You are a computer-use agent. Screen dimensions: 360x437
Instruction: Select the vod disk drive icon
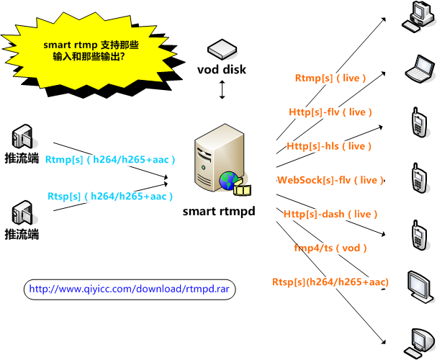click(222, 50)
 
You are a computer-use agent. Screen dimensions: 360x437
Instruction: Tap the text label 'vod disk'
click(222, 70)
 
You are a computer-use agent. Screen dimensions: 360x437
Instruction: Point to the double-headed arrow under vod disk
click(222, 90)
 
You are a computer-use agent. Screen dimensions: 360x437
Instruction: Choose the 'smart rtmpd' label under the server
click(219, 211)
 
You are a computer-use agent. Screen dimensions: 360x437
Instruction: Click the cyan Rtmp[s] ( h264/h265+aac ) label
click(111, 159)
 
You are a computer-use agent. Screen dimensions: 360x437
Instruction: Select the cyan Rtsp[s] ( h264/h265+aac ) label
click(111, 196)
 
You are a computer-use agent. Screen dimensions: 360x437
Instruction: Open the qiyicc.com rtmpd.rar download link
click(132, 289)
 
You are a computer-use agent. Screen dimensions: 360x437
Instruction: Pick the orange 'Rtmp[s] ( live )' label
click(331, 78)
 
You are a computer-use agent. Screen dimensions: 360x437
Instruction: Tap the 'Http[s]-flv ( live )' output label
click(331, 112)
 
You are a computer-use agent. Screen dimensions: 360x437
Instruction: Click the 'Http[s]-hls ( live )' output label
click(329, 146)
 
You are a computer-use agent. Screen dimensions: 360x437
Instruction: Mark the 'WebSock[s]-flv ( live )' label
click(330, 180)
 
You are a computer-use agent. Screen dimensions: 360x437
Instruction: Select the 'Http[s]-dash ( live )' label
click(330, 214)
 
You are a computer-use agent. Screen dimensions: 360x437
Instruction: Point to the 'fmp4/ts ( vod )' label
click(330, 248)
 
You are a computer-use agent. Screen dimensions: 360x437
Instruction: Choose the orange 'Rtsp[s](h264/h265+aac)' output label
click(330, 282)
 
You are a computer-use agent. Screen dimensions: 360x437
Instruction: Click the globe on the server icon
click(230, 181)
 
